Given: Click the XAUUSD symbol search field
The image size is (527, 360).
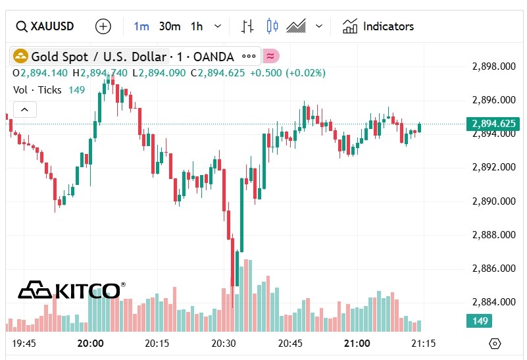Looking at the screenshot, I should tap(45, 26).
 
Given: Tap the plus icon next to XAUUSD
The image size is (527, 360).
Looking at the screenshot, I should tap(103, 26).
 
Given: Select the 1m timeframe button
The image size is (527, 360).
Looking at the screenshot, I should tap(141, 26).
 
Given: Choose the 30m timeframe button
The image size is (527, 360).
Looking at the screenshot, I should tap(170, 26).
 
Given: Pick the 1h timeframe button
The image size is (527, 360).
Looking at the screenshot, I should tap(197, 26).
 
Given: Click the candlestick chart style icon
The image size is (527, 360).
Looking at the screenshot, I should tap(272, 26).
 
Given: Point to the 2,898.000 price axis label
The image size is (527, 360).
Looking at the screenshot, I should tap(494, 66).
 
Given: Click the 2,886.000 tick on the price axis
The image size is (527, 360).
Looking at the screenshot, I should tap(494, 268).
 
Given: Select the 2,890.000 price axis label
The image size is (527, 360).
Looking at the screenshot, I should tap(494, 201).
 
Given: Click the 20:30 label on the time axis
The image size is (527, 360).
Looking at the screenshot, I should tap(224, 343).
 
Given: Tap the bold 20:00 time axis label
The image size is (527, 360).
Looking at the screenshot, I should tap(90, 343).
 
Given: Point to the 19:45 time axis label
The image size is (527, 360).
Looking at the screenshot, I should tap(24, 343).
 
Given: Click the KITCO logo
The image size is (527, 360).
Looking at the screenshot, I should tap(71, 290).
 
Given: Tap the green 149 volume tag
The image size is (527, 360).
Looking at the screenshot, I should tap(480, 321).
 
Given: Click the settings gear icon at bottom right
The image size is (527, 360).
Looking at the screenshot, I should tap(495, 344).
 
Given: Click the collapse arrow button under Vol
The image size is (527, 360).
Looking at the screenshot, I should tap(24, 110).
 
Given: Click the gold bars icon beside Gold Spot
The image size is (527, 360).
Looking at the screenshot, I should tap(20, 56).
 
